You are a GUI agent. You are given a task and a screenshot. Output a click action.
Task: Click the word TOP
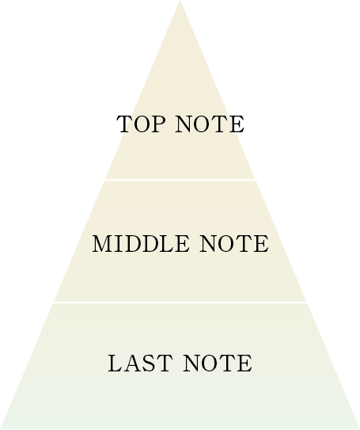tap(141, 124)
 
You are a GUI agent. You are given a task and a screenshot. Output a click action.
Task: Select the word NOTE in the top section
tap(210, 124)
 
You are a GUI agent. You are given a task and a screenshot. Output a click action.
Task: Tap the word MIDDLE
tap(141, 244)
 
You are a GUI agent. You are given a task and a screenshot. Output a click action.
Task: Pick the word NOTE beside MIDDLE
tap(234, 244)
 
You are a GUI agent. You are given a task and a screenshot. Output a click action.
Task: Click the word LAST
tap(140, 363)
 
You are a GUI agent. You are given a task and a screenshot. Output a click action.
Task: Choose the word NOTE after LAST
tap(218, 363)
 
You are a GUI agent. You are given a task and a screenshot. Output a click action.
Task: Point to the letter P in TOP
tap(157, 124)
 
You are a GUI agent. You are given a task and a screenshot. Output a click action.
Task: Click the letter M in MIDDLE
tap(102, 244)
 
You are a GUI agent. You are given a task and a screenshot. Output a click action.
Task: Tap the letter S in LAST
tap(150, 363)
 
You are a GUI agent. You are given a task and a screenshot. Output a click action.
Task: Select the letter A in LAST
tap(134, 363)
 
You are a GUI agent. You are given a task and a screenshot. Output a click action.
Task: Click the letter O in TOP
tap(141, 124)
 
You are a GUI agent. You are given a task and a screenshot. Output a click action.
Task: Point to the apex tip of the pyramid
tap(180, 1)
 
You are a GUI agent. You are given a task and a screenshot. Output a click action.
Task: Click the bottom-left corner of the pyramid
tap(1, 429)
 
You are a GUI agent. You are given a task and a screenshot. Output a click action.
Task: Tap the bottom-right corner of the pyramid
tap(359, 429)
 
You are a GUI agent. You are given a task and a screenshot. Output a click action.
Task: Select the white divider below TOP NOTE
tap(180, 180)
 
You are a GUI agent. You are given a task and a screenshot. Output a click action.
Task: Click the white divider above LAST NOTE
tap(180, 303)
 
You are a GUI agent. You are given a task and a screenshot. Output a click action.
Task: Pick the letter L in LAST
tap(116, 363)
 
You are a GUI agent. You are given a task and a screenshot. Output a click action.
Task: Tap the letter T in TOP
tap(124, 124)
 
